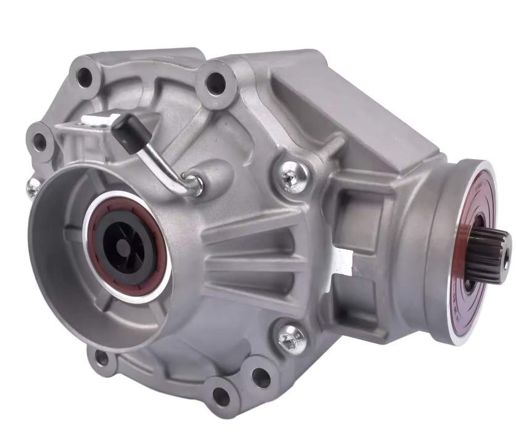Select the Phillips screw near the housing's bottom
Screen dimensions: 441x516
pos(288,336)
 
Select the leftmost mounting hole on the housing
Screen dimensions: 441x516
pos(41,141)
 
